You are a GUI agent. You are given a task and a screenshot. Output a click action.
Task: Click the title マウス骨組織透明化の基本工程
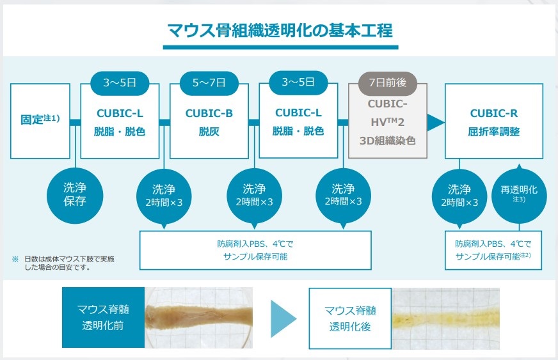pyautogui.click(x=280, y=30)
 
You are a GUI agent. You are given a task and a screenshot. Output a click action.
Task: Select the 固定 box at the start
pyautogui.click(x=40, y=120)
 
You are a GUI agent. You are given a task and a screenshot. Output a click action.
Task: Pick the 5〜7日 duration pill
pyautogui.click(x=209, y=82)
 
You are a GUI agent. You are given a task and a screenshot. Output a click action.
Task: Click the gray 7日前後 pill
pyautogui.click(x=383, y=82)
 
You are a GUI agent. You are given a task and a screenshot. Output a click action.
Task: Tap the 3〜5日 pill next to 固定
pyautogui.click(x=120, y=82)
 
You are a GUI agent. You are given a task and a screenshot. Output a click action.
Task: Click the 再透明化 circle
pyautogui.click(x=519, y=194)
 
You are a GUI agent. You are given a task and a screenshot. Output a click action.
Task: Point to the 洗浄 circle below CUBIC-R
pyautogui.click(x=459, y=195)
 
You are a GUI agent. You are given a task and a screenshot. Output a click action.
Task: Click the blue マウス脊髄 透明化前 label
pyautogui.click(x=104, y=317)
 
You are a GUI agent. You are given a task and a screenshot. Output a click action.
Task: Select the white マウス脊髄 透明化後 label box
pyautogui.click(x=349, y=318)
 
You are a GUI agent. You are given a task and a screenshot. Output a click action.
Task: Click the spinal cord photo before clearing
pyautogui.click(x=199, y=317)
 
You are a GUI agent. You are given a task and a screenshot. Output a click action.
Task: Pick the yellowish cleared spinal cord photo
pyautogui.click(x=445, y=317)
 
